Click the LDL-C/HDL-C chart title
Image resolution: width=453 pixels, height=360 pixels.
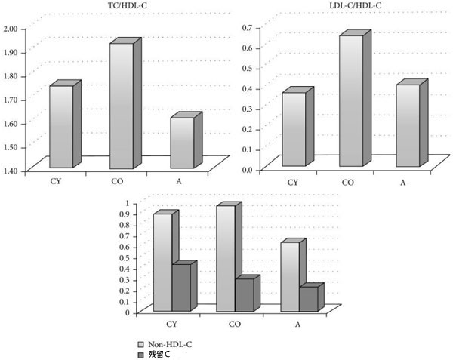342,7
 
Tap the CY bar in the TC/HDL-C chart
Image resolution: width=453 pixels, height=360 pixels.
61,126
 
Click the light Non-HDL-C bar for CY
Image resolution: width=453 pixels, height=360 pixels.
162,262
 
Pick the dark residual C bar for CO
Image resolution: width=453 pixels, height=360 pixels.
244,295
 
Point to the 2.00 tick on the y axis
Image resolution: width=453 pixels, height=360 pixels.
13,29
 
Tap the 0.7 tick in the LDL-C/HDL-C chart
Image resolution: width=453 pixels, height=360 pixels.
245,28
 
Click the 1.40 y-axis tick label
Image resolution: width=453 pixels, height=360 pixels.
13,171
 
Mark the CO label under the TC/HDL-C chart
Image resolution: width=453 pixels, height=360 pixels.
115,181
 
